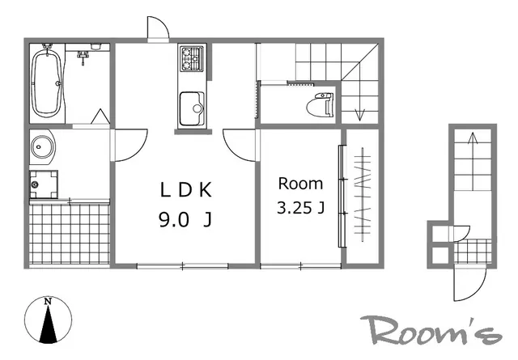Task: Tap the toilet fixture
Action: pos(320,104)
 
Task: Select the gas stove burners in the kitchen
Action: pos(192,59)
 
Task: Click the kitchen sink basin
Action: pos(192,108)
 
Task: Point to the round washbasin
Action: pos(42,146)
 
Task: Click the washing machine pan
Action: pos(44,184)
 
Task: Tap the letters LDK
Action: pos(185,190)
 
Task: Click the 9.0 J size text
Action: pos(185,219)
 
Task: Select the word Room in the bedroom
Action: pos(300,184)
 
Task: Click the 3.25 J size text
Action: pos(300,208)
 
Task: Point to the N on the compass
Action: pos(49,302)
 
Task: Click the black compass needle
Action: pos(49,324)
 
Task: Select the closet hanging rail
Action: pos(363,194)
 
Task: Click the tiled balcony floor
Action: pos(70,234)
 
